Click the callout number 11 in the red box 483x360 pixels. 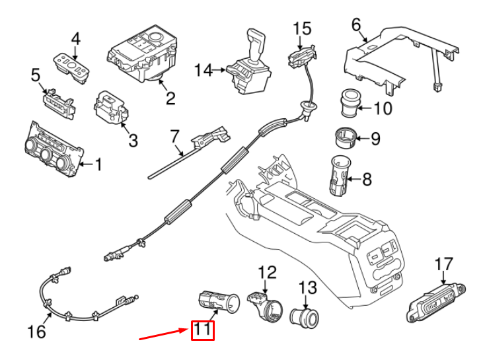pyautogui.click(x=203, y=330)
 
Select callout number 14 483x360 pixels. pyautogui.click(x=204, y=69)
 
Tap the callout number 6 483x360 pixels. pyautogui.click(x=356, y=26)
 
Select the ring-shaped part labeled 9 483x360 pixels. pyautogui.click(x=343, y=138)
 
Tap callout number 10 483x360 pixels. pyautogui.click(x=383, y=108)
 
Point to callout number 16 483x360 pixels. pyautogui.click(x=38, y=331)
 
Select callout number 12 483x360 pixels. pyautogui.click(x=265, y=271)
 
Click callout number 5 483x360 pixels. pyautogui.click(x=36, y=77)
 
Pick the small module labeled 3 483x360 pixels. pyautogui.click(x=111, y=108)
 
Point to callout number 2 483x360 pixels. pyautogui.click(x=170, y=98)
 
